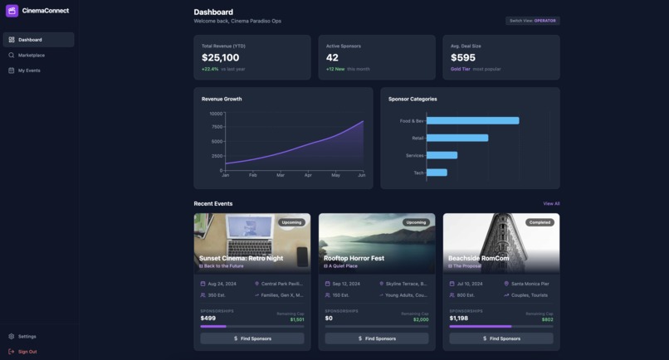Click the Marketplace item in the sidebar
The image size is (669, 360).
[32, 55]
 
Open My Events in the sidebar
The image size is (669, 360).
[29, 71]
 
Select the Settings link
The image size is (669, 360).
[27, 336]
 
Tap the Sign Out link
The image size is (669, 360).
[27, 352]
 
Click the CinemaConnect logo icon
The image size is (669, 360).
[12, 11]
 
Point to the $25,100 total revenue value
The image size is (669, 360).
[220, 58]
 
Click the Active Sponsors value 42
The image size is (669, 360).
[332, 58]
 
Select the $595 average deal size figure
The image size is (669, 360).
[463, 58]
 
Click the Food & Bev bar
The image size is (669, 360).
[472, 121]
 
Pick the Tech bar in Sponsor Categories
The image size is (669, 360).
[437, 173]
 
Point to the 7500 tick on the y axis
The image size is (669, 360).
[216, 127]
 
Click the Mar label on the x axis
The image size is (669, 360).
[281, 175]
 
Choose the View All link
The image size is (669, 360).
[551, 203]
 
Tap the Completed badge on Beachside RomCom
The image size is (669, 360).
[540, 222]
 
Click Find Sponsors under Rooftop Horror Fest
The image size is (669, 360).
[377, 338]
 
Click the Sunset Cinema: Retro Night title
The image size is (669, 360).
[241, 258]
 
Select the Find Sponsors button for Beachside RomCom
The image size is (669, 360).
[501, 338]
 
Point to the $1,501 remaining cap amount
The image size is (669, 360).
[297, 319]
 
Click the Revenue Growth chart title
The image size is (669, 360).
[222, 99]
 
